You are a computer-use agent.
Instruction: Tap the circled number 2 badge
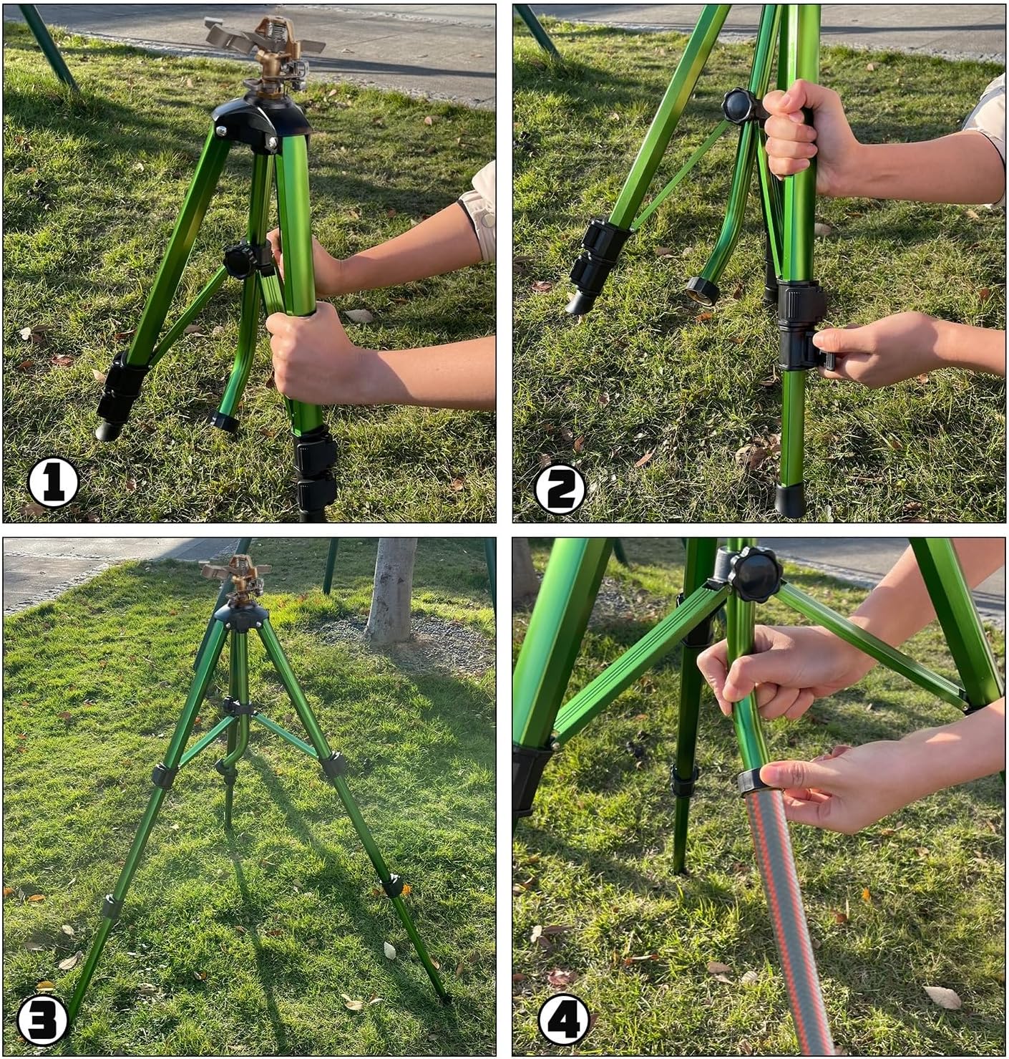click(560, 490)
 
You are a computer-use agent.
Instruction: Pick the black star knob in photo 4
click(754, 576)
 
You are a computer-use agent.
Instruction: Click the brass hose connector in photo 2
click(703, 291)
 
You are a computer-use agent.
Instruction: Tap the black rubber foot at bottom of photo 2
click(791, 499)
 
